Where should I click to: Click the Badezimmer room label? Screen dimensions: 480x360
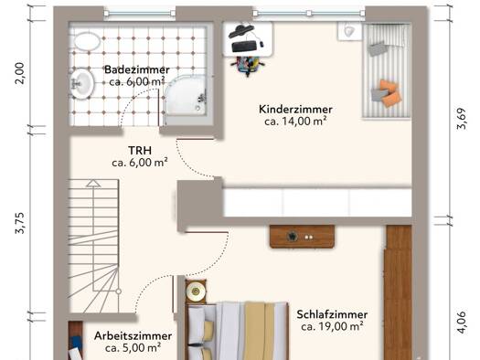pos(137,69)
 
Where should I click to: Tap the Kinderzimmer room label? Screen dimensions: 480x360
pos(295,110)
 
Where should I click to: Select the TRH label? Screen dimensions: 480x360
pos(140,151)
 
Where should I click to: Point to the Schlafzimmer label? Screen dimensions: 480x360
pos(332,314)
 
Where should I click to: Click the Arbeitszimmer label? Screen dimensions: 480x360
pos(133,336)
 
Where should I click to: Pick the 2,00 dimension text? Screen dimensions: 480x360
pos(19,73)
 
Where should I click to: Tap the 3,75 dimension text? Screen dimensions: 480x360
pos(19,223)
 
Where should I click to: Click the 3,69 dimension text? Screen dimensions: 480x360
pos(462,119)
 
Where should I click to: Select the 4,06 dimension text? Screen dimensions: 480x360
pos(462,323)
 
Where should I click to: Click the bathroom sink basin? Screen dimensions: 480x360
pos(81,84)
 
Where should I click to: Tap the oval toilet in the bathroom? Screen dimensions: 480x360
pos(87,42)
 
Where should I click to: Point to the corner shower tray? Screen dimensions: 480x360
pos(186,95)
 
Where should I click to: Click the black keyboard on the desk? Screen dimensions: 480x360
pos(244,47)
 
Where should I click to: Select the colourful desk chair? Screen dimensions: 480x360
pos(248,66)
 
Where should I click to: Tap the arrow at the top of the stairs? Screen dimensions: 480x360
pos(93,184)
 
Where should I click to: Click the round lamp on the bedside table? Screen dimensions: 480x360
pos(195,291)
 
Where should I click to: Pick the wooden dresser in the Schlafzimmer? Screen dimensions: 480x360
pos(302,237)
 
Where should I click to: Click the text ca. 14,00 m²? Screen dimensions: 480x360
pos(295,122)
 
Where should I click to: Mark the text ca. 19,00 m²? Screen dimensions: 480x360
pos(332,326)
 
